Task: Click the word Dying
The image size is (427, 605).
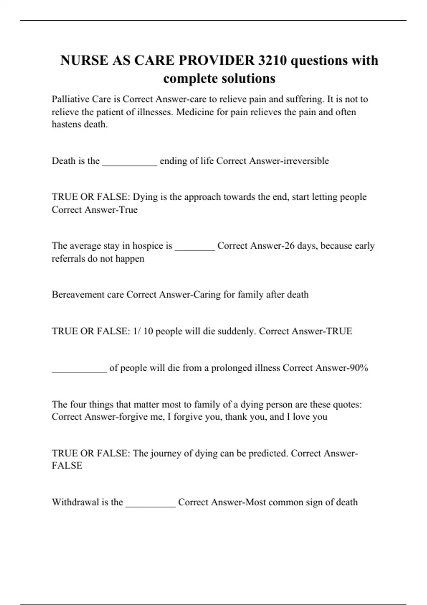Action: coord(145,197)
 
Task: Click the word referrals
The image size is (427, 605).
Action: coord(68,258)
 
